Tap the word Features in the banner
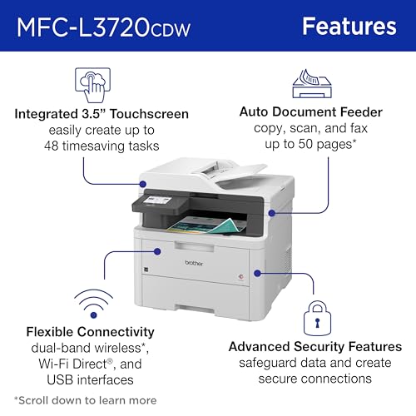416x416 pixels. (349, 26)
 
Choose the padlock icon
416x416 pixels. (314, 313)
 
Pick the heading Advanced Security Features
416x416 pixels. (314, 345)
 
